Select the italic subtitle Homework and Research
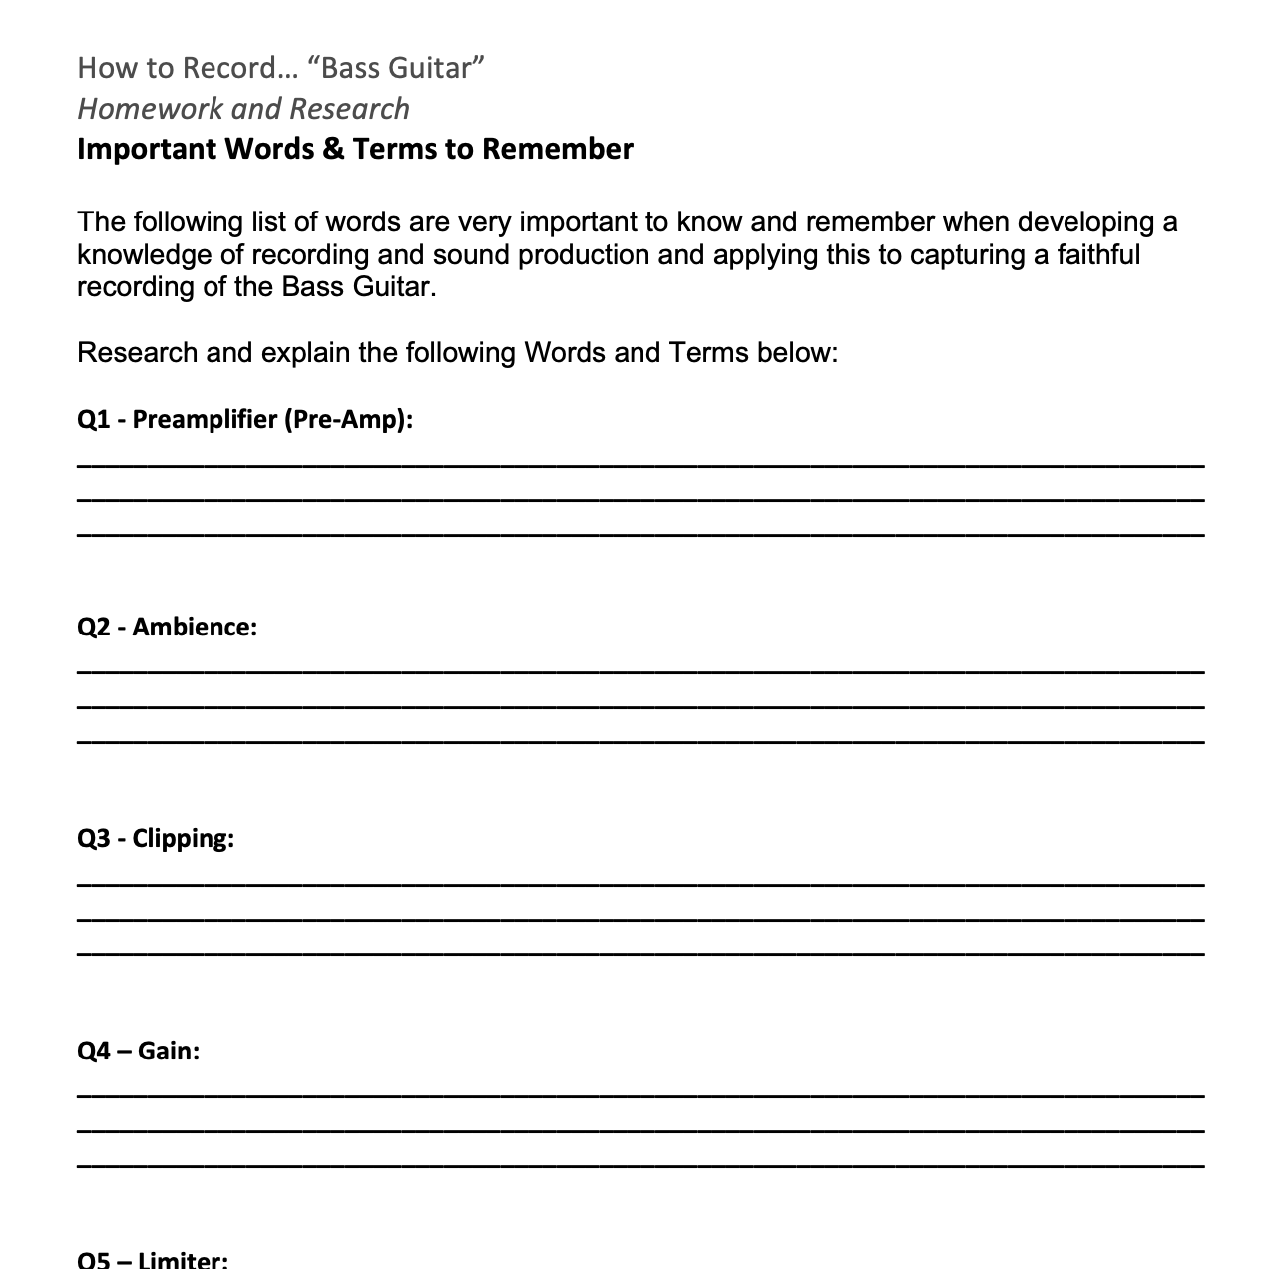point(243,108)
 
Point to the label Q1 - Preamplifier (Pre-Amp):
point(244,419)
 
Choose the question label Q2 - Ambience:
point(167,627)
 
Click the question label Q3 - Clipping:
point(156,838)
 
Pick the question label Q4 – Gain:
point(138,1051)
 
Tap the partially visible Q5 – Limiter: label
point(153,1260)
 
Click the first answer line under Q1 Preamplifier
point(640,465)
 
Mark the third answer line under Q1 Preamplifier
point(640,536)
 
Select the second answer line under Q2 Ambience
point(640,707)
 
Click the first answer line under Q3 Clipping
point(640,884)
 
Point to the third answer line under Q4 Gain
point(640,1165)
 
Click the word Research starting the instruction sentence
point(137,353)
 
